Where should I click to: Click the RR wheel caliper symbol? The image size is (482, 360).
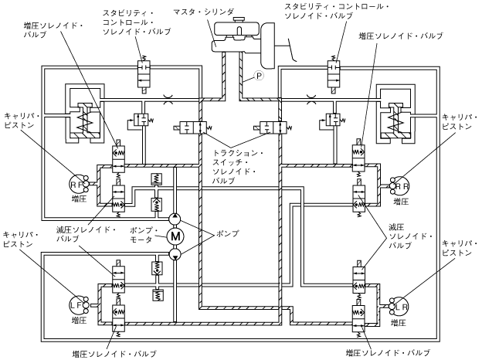(x=402, y=185)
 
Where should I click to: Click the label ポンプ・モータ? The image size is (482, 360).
(x=142, y=236)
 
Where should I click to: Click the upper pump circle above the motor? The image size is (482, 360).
(x=175, y=218)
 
